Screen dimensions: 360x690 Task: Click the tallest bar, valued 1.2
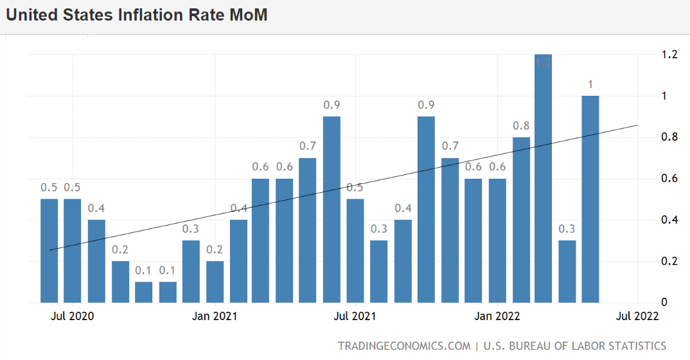pos(543,180)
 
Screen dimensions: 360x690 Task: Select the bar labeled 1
pos(590,199)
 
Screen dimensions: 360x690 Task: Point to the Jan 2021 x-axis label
pos(215,316)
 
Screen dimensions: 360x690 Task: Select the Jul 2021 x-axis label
pos(355,316)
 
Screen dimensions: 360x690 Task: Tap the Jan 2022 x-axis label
pos(497,316)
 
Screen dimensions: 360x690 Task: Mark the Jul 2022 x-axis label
pos(637,316)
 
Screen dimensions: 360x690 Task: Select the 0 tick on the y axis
pos(665,302)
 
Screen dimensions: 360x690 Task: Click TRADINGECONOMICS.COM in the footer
pos(404,346)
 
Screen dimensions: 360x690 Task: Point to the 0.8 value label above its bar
pos(521,126)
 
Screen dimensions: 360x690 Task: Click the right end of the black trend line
pos(637,125)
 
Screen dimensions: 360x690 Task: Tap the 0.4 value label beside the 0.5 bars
pos(96,208)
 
